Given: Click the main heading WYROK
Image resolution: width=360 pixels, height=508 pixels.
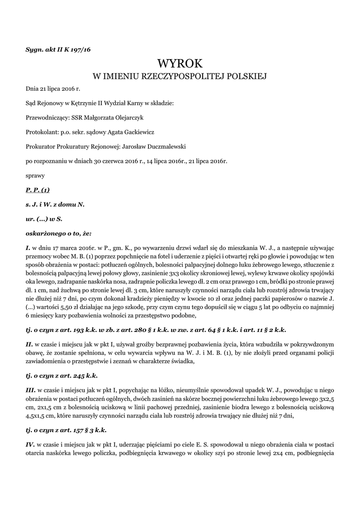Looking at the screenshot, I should [x=180, y=63].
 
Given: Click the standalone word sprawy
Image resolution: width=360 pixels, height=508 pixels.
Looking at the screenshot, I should [x=35, y=175].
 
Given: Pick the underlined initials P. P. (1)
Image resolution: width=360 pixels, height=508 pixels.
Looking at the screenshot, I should [x=38, y=190].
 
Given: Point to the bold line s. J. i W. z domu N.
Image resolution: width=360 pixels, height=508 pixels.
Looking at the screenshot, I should [x=55, y=204].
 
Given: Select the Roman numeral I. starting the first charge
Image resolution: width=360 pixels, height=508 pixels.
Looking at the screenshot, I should [x=28, y=247].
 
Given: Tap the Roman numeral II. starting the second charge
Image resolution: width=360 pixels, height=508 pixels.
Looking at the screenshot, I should [x=29, y=343].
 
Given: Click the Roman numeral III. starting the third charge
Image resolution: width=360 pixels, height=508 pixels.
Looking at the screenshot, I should [x=30, y=391].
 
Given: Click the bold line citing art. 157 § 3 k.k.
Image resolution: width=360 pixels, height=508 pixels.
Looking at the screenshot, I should [x=66, y=430].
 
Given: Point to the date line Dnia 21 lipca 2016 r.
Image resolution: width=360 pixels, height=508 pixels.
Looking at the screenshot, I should [x=53, y=89].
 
